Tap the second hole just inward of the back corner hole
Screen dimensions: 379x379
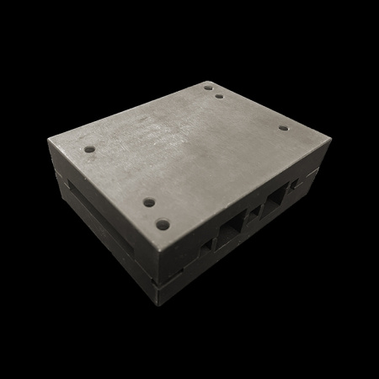(219, 96)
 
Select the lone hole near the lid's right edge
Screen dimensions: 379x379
(283, 129)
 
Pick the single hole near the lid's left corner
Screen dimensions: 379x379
(89, 150)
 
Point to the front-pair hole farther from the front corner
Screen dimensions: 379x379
(148, 203)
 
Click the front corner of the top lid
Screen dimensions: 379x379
(157, 248)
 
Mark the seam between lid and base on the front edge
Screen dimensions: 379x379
(157, 277)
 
